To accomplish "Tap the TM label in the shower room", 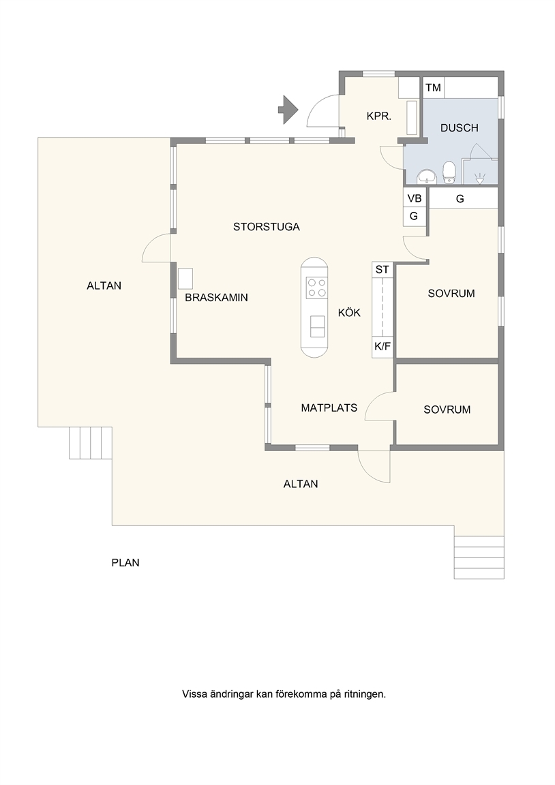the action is coord(433,88).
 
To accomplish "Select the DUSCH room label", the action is coord(460,127).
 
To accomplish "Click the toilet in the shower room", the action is coord(449,171).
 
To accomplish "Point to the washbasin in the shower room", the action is coord(427,176).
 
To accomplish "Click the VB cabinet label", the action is coord(415,198).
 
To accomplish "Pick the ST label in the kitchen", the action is coord(382,269).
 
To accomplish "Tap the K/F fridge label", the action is coord(382,346).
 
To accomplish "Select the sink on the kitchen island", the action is coord(317,326).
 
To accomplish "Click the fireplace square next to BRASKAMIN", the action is coord(185,279).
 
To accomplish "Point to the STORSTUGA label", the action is coord(267,227).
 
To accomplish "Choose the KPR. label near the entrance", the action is coord(378,117).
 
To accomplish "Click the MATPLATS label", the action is coord(329,407).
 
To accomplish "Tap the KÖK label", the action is coord(349,312).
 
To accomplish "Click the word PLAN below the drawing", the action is coord(125,563).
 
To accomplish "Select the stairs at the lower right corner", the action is coord(479,557).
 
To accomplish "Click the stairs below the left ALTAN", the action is coord(91,442).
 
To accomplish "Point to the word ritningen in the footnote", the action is coord(365,694).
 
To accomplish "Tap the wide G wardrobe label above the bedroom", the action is coord(460,199).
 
